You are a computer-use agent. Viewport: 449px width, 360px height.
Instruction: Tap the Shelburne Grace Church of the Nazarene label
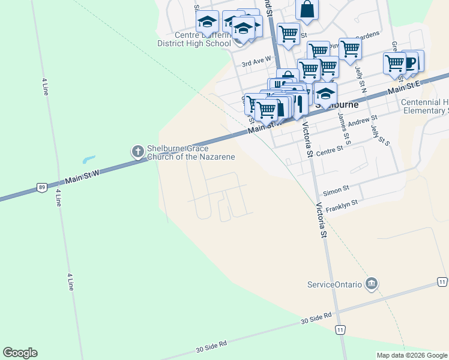click(x=191, y=153)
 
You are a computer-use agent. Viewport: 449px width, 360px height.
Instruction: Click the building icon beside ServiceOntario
click(x=372, y=283)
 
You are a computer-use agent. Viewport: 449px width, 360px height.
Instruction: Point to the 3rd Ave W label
click(x=256, y=62)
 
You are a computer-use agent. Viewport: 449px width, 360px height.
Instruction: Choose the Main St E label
click(x=406, y=87)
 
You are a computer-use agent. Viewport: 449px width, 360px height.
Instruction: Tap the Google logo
click(x=20, y=353)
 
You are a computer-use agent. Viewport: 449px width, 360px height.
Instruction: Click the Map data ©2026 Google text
click(x=412, y=355)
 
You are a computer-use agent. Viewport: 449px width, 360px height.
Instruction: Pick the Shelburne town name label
click(x=339, y=104)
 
